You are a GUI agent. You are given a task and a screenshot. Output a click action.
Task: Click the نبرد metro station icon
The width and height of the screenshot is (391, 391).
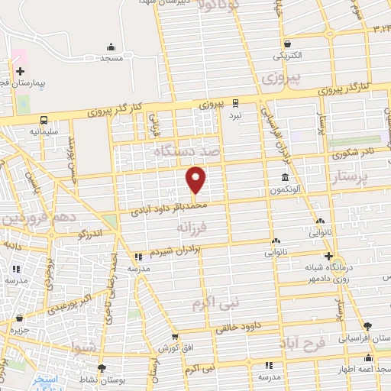coord(235,102)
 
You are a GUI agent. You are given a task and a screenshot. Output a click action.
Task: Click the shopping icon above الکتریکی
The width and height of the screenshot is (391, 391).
coord(287,44)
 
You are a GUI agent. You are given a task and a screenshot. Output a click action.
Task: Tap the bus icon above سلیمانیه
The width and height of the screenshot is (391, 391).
coord(44,120)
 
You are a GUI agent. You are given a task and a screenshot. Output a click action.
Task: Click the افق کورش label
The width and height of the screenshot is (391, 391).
coord(174,348)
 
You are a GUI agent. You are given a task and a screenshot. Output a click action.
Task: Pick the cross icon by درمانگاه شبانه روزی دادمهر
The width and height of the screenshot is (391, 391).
coord(328,256)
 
